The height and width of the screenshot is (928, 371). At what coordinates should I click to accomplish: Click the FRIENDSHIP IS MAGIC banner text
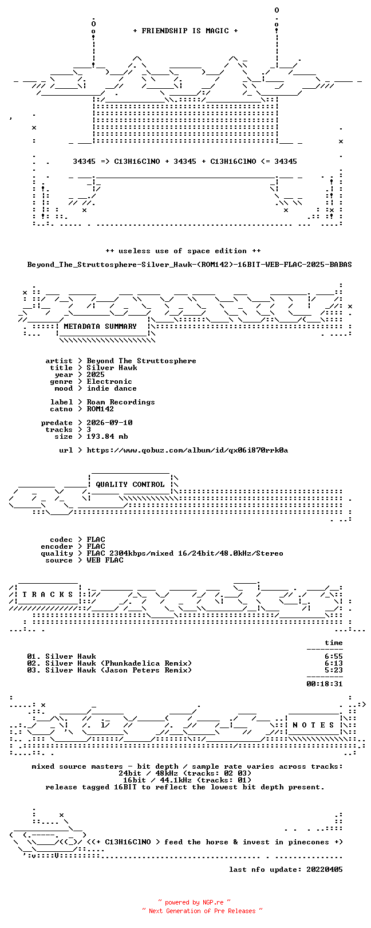click(185, 31)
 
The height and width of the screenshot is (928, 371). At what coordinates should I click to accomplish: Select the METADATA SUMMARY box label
click(100, 327)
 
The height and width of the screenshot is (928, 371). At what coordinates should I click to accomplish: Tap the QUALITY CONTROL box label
click(130, 485)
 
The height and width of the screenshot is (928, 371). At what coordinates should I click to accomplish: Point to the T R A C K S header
click(48, 595)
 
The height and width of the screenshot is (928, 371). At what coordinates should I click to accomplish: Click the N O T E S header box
click(313, 725)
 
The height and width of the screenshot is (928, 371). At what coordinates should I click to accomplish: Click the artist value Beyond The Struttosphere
click(141, 361)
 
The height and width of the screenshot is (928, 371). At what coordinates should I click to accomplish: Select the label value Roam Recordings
click(120, 402)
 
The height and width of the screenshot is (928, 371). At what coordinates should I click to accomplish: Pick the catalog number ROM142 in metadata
click(100, 409)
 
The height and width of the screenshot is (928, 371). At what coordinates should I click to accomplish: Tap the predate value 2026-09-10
click(109, 423)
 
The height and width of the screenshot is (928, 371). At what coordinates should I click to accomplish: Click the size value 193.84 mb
click(107, 437)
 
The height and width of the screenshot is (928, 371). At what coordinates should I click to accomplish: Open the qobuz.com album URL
click(187, 450)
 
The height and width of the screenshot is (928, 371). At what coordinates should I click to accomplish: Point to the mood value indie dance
click(112, 388)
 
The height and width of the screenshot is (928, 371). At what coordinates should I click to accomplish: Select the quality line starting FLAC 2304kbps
click(185, 553)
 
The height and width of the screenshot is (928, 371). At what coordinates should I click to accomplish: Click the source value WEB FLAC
click(105, 560)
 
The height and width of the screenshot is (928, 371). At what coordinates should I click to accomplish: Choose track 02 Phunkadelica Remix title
click(119, 663)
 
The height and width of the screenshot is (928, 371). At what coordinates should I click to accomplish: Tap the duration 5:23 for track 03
click(334, 670)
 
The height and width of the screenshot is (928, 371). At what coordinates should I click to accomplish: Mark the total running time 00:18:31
click(325, 683)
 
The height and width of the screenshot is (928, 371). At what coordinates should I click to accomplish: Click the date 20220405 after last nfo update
click(325, 869)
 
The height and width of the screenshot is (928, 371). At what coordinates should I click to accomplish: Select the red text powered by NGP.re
click(194, 902)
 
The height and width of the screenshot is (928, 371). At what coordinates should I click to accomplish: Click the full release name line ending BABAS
click(190, 264)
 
